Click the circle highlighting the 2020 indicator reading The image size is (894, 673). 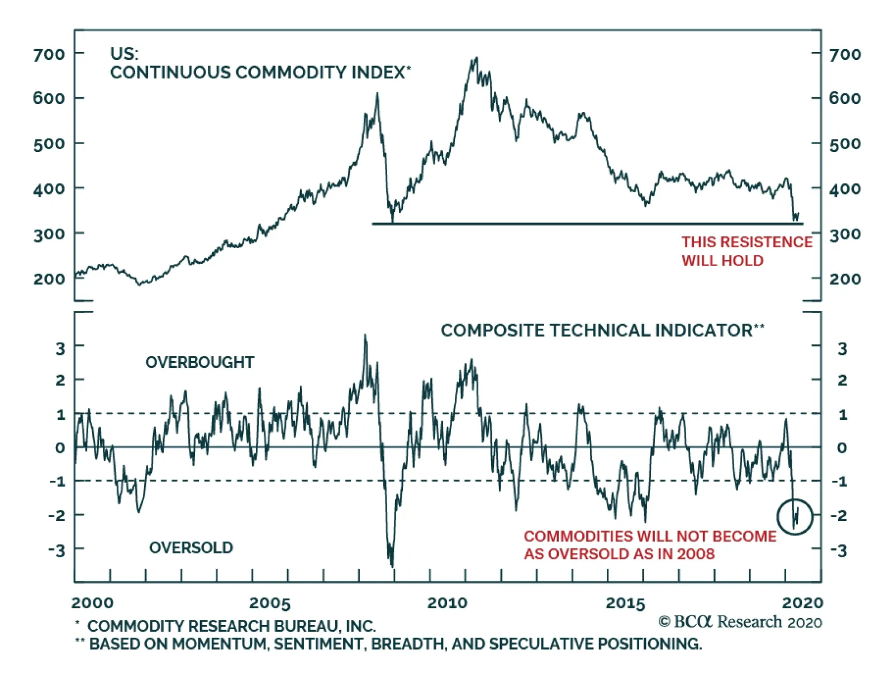pyautogui.click(x=795, y=516)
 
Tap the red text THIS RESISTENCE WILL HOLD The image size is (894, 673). pyautogui.click(x=746, y=251)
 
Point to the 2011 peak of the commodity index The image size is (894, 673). pyautogui.click(x=475, y=58)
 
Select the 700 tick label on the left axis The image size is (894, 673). pyautogui.click(x=49, y=55)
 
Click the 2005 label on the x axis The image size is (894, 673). pyautogui.click(x=270, y=603)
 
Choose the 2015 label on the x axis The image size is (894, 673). pyautogui.click(x=625, y=603)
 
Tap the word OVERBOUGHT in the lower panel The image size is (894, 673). pyautogui.click(x=199, y=362)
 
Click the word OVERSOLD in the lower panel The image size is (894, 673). pyautogui.click(x=191, y=548)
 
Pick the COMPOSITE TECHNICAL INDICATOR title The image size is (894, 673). pyautogui.click(x=602, y=330)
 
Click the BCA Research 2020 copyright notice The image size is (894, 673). pyautogui.click(x=740, y=622)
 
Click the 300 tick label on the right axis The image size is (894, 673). pyautogui.click(x=844, y=234)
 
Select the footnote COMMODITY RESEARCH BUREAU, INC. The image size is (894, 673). pyautogui.click(x=231, y=626)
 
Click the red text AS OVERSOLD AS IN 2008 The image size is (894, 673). pyautogui.click(x=619, y=554)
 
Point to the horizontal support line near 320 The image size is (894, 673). pyautogui.click(x=587, y=224)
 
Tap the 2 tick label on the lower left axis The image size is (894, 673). pyautogui.click(x=60, y=381)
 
